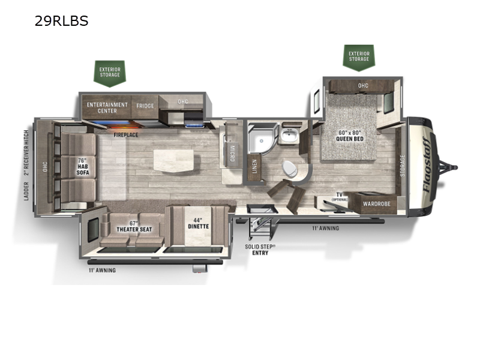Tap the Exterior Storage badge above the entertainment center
point(110,73)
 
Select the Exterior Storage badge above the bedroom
point(359,56)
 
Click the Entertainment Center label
point(107,107)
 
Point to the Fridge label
point(145,106)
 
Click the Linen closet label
point(255,166)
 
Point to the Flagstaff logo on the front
point(428,162)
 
